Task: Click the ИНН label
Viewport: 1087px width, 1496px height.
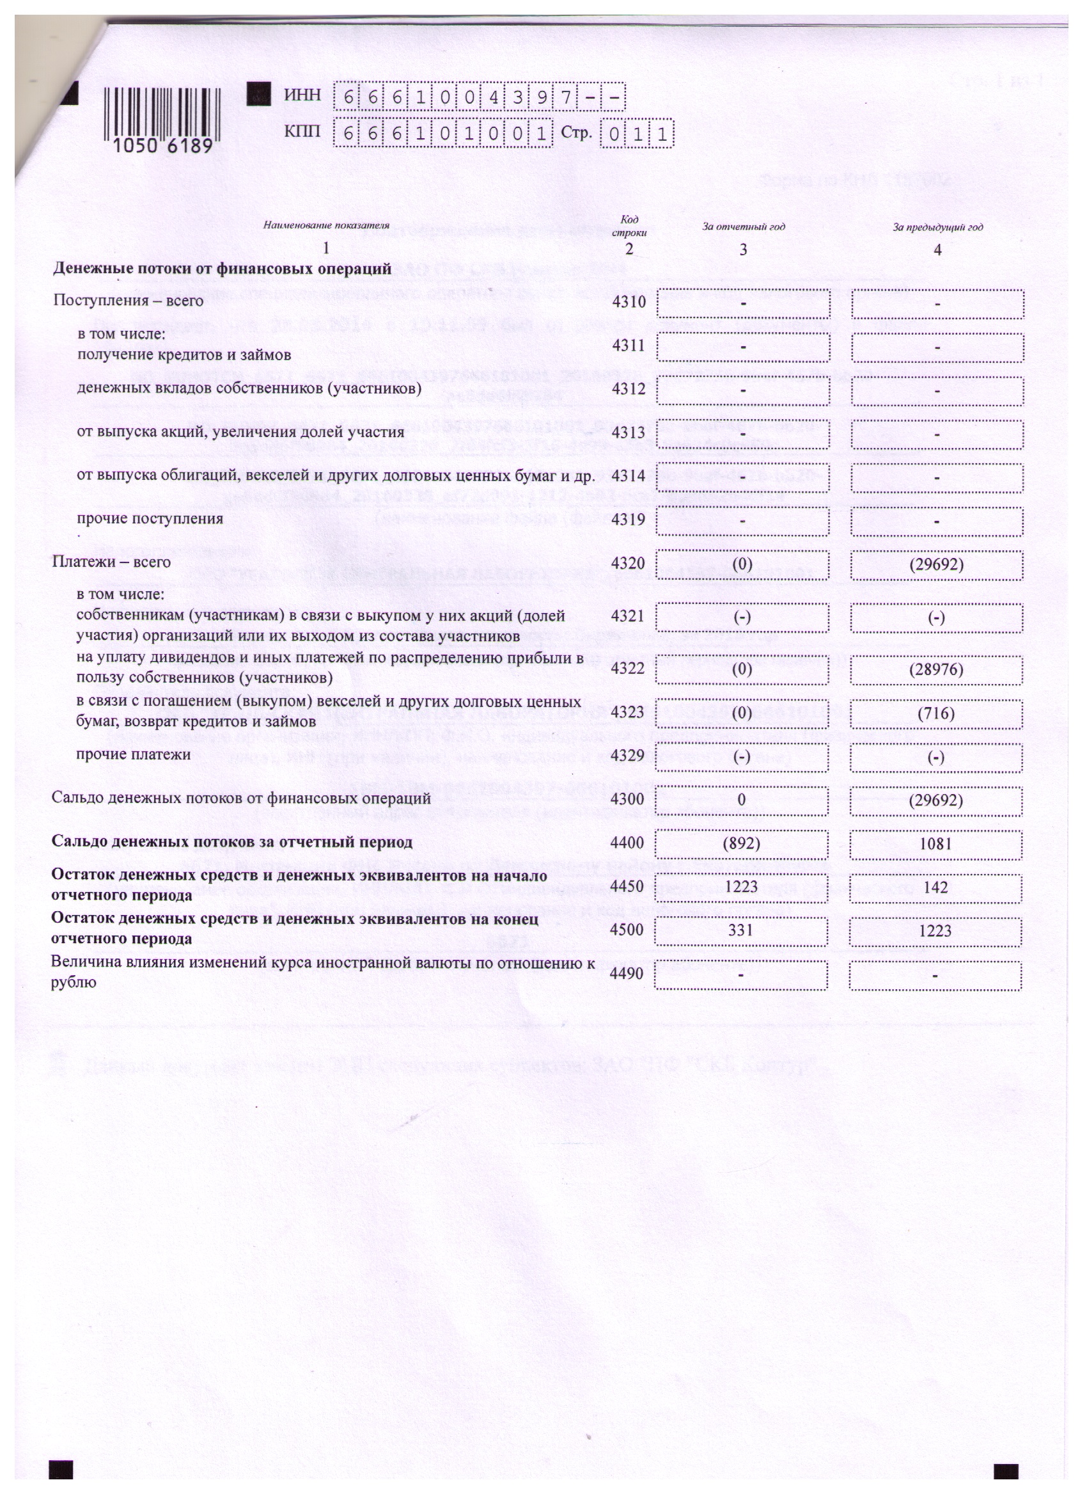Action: coord(302,95)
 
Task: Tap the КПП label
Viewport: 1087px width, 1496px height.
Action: coord(302,132)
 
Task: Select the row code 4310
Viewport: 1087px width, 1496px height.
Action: coord(628,302)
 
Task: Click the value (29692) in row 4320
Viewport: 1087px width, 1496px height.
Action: coord(936,564)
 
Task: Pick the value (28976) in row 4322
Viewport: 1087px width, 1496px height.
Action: coord(936,670)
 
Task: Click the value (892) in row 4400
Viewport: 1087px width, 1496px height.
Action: coord(742,843)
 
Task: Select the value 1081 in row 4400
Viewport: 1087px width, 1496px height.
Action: coord(936,843)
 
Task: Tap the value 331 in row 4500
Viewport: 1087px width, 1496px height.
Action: coord(742,931)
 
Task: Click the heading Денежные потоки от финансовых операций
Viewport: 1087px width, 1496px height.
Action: coord(222,269)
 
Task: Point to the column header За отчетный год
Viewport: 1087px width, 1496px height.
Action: coord(743,227)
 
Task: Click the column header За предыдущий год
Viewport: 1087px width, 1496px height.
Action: coord(937,228)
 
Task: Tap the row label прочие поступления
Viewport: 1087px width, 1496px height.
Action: coord(150,518)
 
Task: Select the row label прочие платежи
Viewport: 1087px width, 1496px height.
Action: coord(134,754)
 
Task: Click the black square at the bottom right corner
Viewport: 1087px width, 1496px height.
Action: coord(1006,1472)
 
